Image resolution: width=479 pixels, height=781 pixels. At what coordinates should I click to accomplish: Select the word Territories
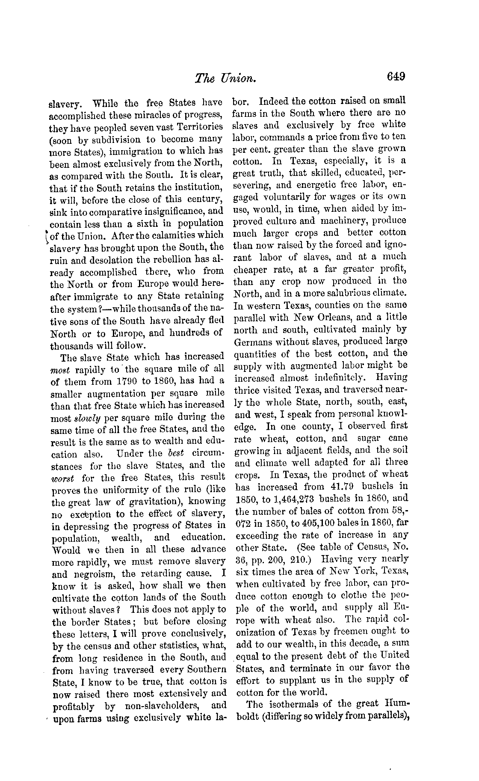(199, 127)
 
